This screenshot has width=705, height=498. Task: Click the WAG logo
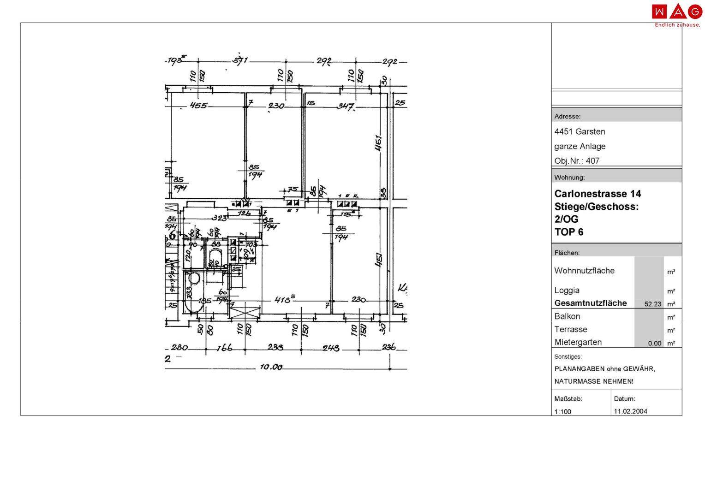(676, 12)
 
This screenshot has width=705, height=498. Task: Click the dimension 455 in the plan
(199, 106)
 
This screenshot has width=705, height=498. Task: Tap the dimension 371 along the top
(240, 60)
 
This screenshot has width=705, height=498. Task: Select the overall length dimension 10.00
(271, 367)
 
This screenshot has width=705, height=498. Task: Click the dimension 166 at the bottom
(225, 348)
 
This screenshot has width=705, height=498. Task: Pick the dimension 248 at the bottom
(331, 348)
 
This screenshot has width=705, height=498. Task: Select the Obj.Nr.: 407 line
(577, 161)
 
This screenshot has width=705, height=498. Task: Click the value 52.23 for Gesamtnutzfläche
(653, 304)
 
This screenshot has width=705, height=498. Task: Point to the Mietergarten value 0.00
(654, 343)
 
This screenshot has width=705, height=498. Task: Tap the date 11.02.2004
(630, 411)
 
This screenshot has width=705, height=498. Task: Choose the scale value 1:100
(562, 412)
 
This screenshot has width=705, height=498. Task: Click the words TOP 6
(568, 232)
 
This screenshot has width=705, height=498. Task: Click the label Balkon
(567, 316)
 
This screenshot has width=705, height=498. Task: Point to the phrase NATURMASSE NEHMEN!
(593, 381)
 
